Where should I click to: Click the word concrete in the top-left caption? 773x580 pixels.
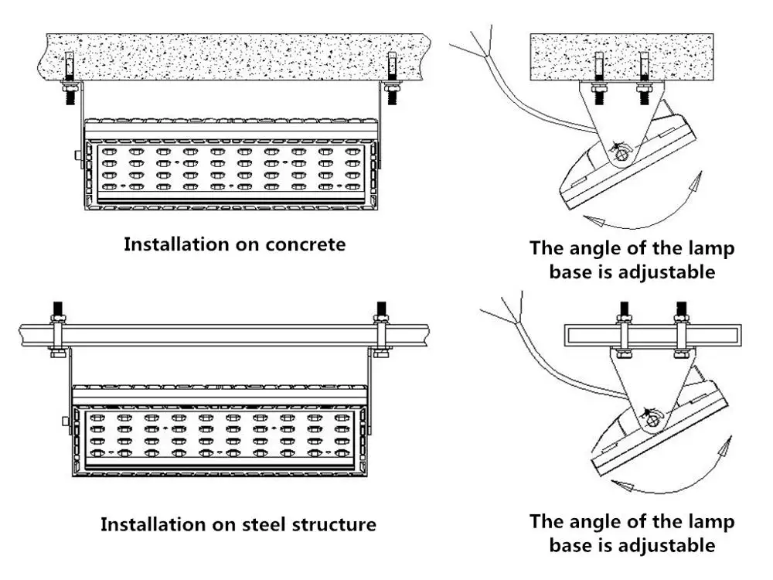[305, 244]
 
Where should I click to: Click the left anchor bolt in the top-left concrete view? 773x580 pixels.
[69, 78]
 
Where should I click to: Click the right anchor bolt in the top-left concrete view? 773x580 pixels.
[392, 78]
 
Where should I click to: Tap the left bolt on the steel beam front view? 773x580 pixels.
[57, 329]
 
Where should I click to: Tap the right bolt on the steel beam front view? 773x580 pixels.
[380, 329]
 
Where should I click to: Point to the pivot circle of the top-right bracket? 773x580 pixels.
[621, 155]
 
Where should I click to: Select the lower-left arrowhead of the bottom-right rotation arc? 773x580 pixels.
[621, 485]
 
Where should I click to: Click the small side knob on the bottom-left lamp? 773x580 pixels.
[66, 421]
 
